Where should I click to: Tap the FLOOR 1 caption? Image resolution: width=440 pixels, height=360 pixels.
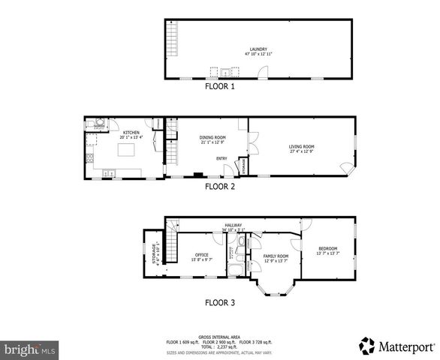[220, 87]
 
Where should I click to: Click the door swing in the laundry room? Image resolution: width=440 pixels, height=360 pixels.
[263, 72]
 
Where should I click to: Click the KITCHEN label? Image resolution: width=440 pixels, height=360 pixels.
[131, 133]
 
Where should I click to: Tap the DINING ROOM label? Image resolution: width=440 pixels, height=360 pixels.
[212, 137]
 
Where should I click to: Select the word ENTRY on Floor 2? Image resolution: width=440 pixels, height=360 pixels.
[222, 158]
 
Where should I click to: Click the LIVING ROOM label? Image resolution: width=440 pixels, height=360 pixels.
[302, 146]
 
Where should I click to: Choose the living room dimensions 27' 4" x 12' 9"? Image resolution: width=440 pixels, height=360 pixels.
[302, 151]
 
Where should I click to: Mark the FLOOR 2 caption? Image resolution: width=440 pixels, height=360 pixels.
[220, 187]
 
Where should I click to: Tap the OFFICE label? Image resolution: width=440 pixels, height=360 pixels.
[202, 255]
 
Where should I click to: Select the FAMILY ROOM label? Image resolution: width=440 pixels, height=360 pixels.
[276, 256]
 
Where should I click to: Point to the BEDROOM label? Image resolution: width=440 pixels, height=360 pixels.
[327, 248]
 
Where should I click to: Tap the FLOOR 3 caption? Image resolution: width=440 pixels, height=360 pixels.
[220, 304]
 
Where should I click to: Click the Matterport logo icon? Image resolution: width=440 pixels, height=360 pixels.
[366, 346]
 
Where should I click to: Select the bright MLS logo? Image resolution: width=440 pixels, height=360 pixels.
[30, 349]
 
